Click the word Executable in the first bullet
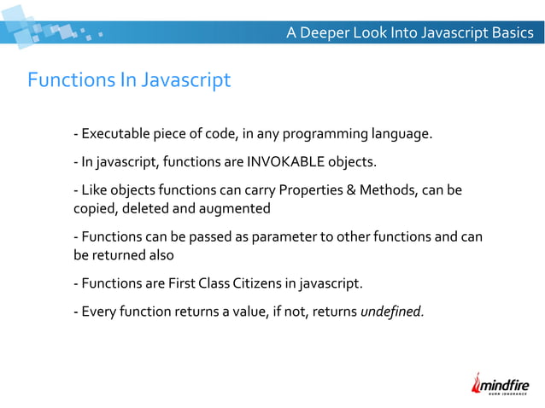114,134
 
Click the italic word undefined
391,311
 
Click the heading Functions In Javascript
129,80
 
